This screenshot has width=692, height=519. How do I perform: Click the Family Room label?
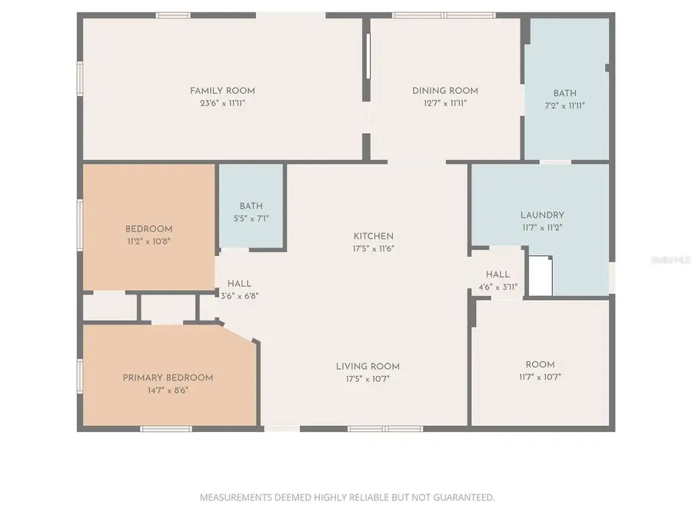(222, 91)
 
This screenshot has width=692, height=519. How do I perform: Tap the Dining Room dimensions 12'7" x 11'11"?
(445, 102)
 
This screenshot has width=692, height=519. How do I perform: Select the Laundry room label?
(542, 215)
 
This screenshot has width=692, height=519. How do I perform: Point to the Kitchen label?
(374, 236)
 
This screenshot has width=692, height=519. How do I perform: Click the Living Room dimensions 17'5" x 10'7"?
(368, 378)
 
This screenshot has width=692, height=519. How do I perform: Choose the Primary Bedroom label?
(168, 378)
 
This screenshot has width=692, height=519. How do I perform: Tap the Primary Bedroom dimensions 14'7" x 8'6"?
(168, 390)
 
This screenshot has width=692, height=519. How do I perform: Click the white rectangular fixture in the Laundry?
(541, 276)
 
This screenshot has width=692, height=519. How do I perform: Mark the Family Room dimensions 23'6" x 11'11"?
(222, 103)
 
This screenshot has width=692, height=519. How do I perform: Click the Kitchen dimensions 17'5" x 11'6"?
(374, 248)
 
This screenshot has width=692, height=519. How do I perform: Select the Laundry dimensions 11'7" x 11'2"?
(542, 228)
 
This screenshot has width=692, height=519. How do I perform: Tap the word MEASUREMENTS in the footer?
(235, 497)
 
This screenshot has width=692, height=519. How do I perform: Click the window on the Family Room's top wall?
(173, 15)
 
